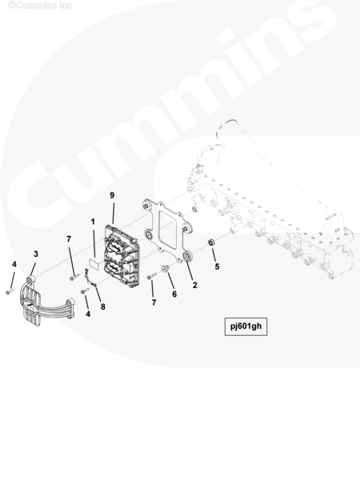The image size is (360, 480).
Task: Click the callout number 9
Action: [112, 195]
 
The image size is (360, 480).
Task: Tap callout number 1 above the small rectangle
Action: [93, 222]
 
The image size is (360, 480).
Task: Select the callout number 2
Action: [194, 285]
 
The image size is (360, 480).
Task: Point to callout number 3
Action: [36, 254]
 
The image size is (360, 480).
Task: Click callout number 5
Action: [217, 266]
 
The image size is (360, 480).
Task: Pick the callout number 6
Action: [174, 294]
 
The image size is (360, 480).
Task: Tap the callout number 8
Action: [103, 306]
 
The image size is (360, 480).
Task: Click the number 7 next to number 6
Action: [154, 302]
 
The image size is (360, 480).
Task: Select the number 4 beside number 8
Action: [88, 314]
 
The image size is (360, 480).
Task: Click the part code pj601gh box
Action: [246, 326]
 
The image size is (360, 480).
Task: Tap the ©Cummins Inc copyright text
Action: [40, 5]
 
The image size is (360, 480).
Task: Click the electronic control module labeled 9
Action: [122, 255]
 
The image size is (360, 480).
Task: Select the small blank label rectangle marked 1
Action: [95, 264]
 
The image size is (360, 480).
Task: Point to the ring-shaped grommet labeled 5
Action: [212, 242]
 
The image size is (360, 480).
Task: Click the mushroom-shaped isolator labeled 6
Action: [166, 269]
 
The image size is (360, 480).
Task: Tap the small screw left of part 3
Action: [10, 292]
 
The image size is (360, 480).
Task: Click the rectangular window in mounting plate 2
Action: [167, 230]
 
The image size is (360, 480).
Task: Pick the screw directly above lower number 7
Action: [151, 276]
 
